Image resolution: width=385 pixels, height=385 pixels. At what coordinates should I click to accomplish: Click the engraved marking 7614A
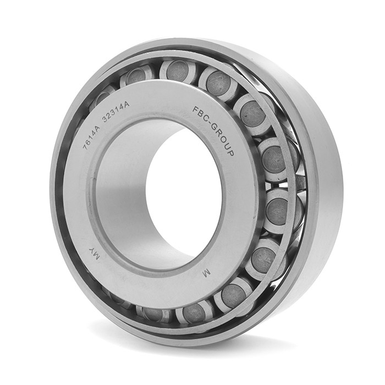pyautogui.click(x=92, y=136)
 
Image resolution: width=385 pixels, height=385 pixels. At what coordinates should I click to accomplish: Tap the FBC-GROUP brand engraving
pyautogui.click(x=213, y=131)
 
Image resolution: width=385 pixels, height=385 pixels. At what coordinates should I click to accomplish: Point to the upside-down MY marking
pyautogui.click(x=95, y=254)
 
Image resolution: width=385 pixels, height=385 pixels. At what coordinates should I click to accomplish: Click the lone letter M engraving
pyautogui.click(x=206, y=273)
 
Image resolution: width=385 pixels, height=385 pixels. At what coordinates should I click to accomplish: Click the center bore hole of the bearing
pyautogui.click(x=184, y=195)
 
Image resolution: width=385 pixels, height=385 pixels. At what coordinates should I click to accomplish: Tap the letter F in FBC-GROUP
pyautogui.click(x=195, y=109)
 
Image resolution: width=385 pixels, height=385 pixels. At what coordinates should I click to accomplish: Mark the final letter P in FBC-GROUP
pyautogui.click(x=230, y=152)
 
